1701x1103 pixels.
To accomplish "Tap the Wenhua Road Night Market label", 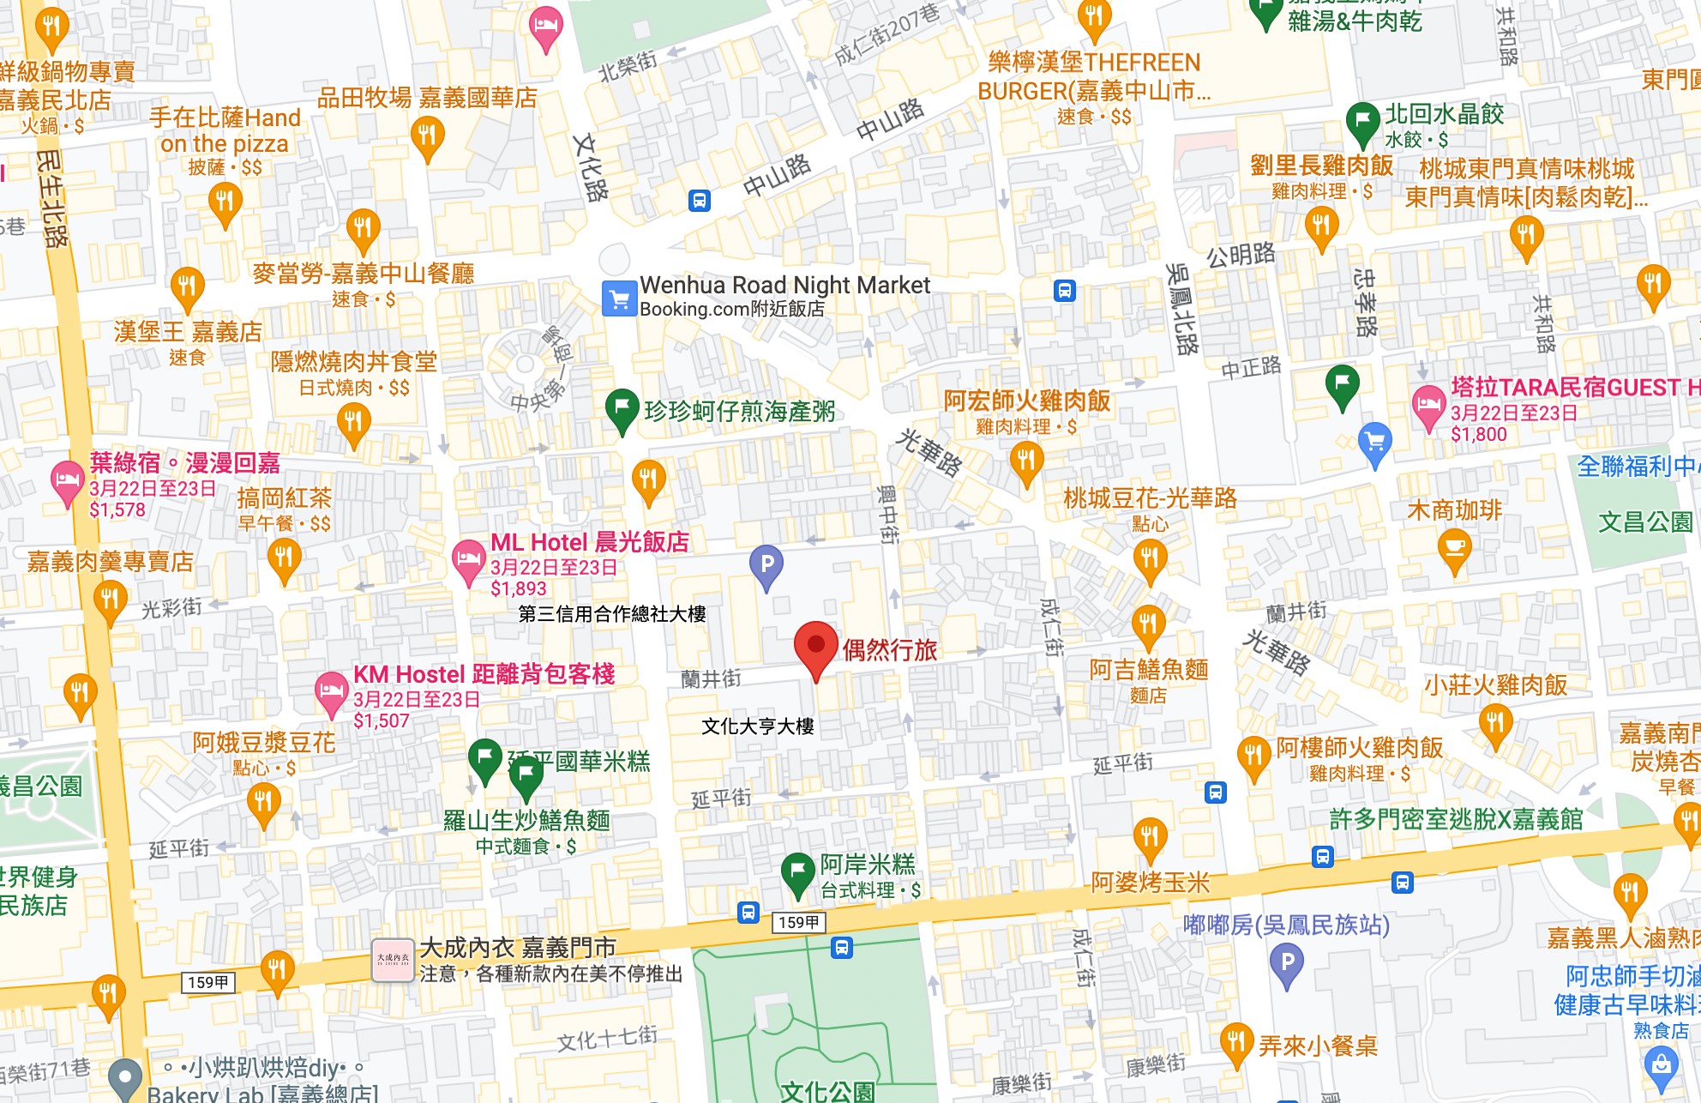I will [x=784, y=285].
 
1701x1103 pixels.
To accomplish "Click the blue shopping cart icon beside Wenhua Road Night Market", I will [x=619, y=298].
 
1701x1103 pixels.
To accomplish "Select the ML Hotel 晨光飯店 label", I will [x=589, y=542].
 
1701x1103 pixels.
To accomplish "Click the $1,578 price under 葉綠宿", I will [x=117, y=510].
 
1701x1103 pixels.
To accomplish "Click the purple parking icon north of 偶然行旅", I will [x=766, y=565].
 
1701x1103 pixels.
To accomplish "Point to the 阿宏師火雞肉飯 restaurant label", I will [x=1026, y=401].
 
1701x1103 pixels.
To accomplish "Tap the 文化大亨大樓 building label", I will [x=757, y=726].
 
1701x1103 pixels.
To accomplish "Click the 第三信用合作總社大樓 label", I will [x=612, y=614].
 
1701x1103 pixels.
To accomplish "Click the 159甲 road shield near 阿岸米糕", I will [x=799, y=922].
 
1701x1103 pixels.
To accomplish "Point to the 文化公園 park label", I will [x=827, y=1091].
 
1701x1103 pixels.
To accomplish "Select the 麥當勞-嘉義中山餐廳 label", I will [x=363, y=274].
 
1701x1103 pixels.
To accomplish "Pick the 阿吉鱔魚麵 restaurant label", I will [x=1148, y=669].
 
